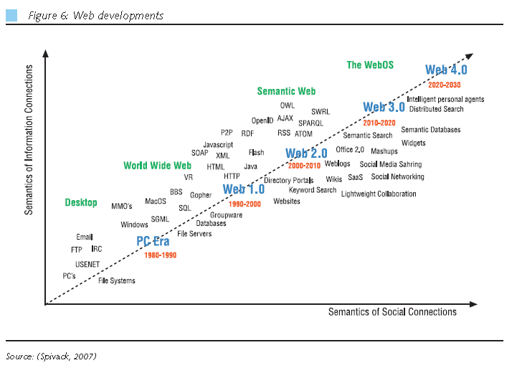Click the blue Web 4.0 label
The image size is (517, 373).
point(446,70)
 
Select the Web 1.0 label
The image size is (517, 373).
point(243,190)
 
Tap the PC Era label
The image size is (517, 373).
point(153,242)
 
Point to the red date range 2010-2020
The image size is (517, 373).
point(380,123)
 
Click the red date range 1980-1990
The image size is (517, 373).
point(160,255)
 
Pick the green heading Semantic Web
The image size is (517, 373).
point(286,92)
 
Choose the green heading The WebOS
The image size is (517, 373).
point(370,65)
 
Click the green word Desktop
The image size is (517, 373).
point(81,203)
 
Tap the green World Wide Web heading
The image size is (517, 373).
point(157,166)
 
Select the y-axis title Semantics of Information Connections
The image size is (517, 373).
point(29,140)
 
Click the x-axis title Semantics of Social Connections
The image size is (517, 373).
point(392,312)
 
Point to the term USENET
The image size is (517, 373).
point(87,264)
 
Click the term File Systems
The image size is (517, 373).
point(117,280)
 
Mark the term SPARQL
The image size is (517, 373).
point(310,123)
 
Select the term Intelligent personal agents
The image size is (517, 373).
point(445,99)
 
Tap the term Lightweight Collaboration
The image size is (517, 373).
point(379,194)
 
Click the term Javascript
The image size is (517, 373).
point(218,145)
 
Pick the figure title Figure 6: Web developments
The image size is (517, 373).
point(96,16)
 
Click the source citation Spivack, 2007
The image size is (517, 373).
point(51,356)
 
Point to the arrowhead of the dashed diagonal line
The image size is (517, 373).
point(469,55)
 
